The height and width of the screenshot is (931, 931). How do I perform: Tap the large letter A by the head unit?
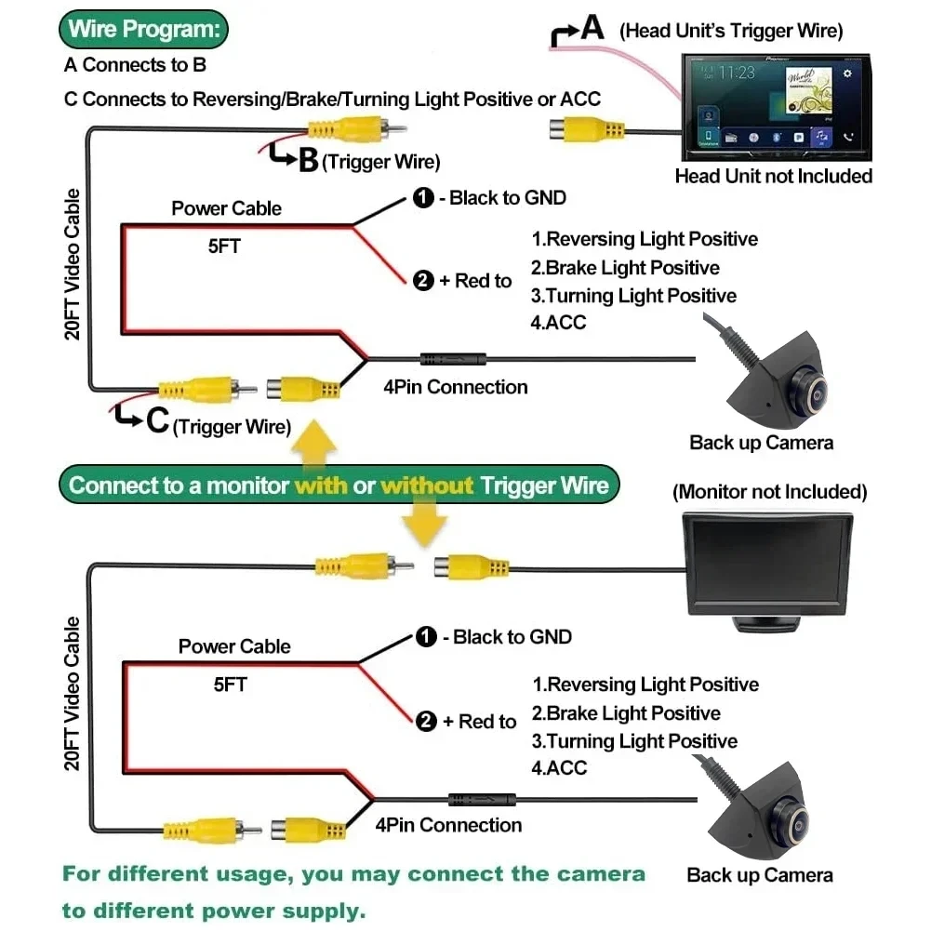point(592,28)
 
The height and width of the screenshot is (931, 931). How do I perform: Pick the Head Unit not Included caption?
point(773,176)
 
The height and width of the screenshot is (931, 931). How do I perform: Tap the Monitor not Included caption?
point(769,491)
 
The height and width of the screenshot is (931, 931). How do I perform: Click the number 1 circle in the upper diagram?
point(423,197)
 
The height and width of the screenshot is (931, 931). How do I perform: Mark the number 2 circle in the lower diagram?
point(426,721)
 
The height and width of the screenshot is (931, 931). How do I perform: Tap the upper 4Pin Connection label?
point(455,387)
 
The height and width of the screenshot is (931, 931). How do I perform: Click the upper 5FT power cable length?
point(224,248)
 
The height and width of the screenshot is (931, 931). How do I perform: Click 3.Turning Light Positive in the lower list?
point(634,741)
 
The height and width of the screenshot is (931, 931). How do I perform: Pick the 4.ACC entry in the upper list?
point(559,323)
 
